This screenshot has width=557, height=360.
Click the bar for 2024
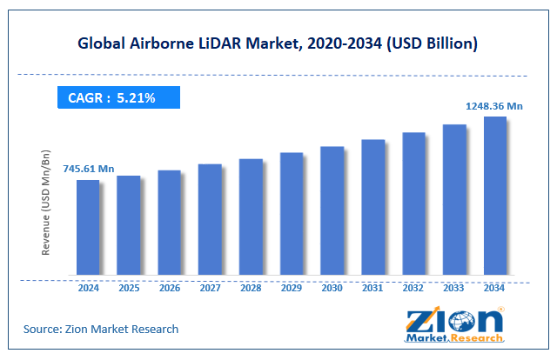[x=88, y=229]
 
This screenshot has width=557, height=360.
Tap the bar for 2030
[x=332, y=212]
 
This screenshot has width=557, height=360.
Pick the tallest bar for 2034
[x=494, y=197]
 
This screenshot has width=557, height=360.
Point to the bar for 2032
[x=413, y=205]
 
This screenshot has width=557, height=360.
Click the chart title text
[x=278, y=43]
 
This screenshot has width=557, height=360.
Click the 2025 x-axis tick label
[x=128, y=289]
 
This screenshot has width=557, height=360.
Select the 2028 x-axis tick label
[x=251, y=289]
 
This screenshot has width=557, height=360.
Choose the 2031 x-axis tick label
[x=372, y=289]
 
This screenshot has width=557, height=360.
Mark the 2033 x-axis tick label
[x=453, y=289]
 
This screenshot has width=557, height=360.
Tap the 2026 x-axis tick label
[x=169, y=289]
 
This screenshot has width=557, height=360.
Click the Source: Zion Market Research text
[x=102, y=329]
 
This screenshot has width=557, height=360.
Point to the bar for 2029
[x=292, y=216]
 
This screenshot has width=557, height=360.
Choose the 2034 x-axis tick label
[x=494, y=289]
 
